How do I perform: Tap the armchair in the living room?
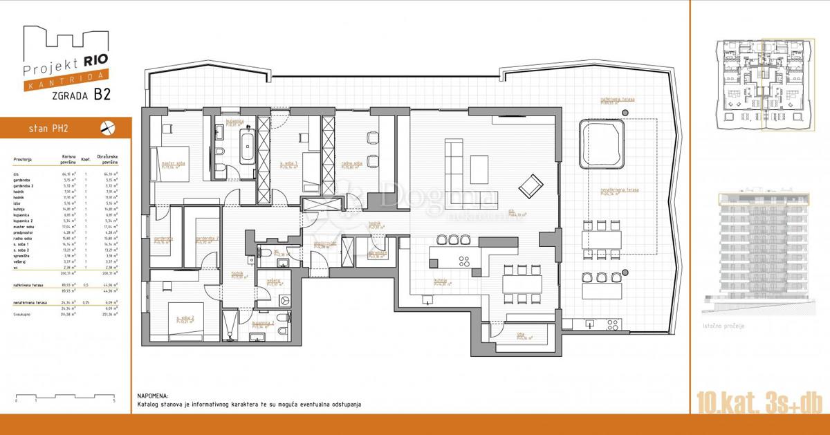(x=531, y=185)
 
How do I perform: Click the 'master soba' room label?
(x=174, y=165)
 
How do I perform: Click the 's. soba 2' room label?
(x=183, y=319)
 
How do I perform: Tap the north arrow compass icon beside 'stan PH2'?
(x=107, y=127)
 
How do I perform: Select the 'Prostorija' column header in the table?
(x=23, y=158)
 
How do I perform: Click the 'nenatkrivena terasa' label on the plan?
(x=619, y=190)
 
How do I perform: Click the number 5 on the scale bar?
(x=113, y=400)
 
